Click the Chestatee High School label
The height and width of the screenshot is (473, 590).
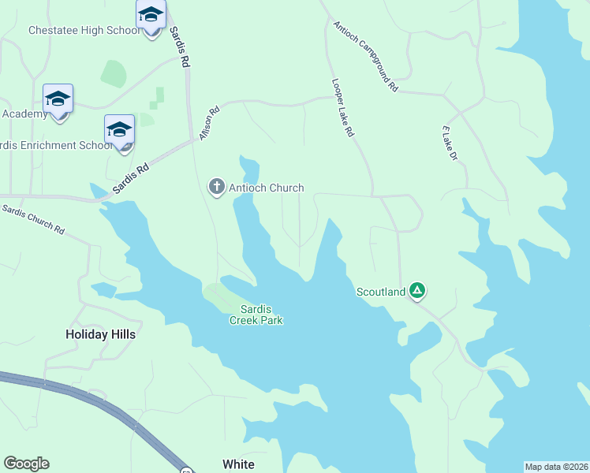(84, 31)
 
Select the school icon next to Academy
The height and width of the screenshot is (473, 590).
(58, 100)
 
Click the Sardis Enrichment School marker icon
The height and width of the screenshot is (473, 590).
(120, 131)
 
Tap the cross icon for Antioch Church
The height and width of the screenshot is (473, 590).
(216, 187)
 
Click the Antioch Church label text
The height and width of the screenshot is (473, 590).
(266, 188)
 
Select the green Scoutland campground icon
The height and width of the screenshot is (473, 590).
(417, 292)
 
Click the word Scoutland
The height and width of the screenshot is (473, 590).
(381, 292)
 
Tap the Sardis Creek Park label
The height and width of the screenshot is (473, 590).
(256, 315)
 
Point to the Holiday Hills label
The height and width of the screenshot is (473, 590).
(100, 334)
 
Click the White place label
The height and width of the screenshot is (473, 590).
(238, 464)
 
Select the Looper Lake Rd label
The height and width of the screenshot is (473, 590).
(342, 108)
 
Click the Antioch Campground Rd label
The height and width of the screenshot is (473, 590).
(365, 56)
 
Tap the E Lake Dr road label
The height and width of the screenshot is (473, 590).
(450, 143)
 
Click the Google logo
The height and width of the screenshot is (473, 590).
(26, 464)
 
